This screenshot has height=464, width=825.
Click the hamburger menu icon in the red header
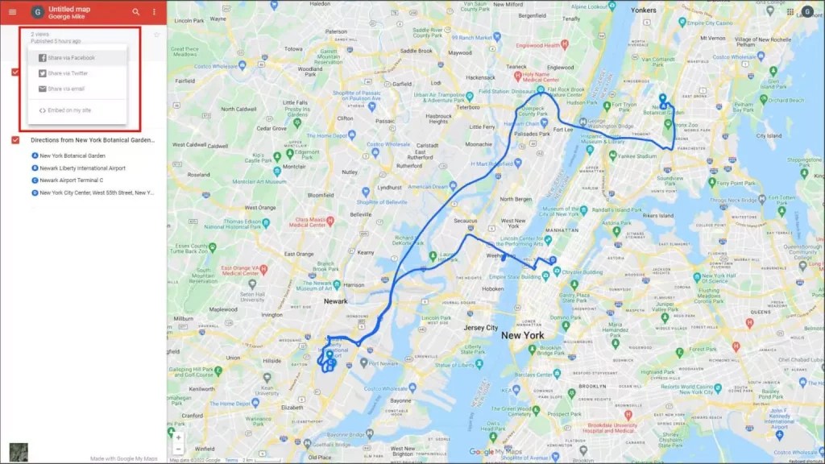pos(12,12)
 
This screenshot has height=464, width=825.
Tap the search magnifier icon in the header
pos(135,12)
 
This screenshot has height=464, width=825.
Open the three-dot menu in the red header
pos(154,12)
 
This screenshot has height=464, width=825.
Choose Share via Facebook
pos(71,58)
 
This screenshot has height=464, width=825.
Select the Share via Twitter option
pos(68,73)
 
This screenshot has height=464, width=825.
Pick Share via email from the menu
pos(66,89)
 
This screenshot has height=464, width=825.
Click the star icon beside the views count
pos(156,35)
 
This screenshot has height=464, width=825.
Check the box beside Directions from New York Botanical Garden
pos(16,140)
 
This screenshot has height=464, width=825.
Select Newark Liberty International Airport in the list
pos(82,168)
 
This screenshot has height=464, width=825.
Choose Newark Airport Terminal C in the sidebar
pos(72,180)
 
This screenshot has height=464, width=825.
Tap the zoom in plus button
pos(178,437)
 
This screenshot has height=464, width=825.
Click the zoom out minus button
pos(178,449)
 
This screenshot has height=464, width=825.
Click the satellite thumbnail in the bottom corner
pos(18,452)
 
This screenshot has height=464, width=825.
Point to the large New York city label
pos(522,335)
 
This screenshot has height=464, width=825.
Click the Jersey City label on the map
pos(481,328)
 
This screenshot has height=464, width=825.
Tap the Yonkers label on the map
pos(643,10)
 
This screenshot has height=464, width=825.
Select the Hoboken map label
pos(493,288)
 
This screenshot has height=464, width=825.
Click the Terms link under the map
pos(231,460)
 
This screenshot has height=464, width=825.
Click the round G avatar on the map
pos(807,12)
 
